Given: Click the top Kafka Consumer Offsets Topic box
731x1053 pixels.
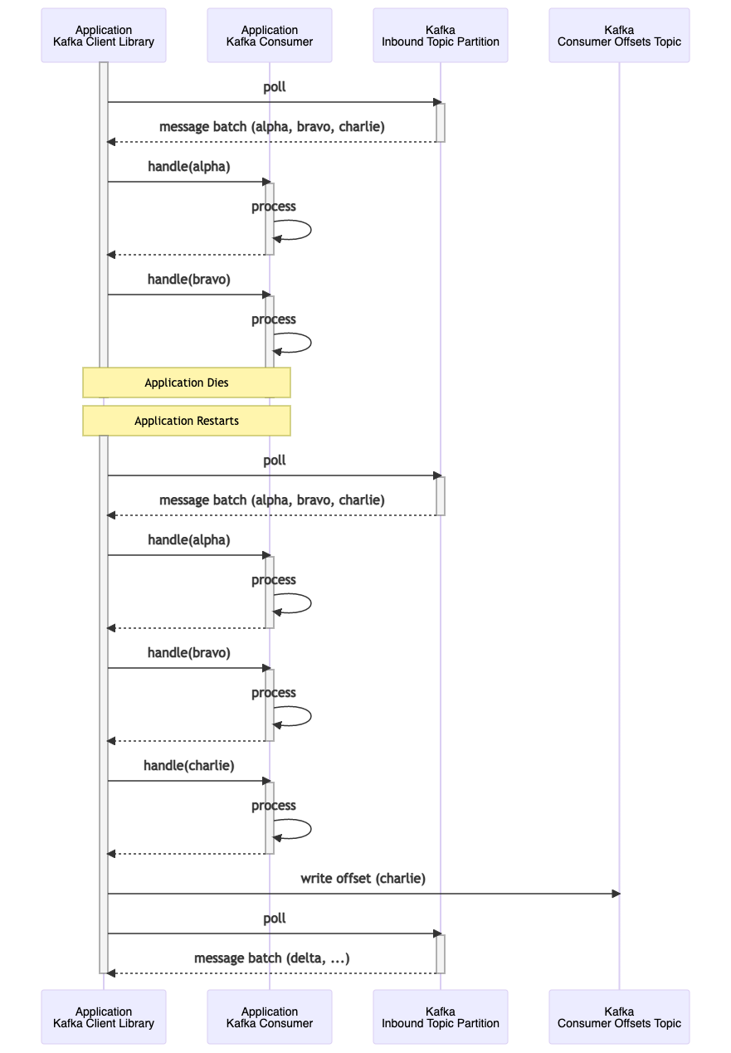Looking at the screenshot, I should pos(619,36).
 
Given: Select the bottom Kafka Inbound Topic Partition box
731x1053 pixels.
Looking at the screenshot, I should pos(440,1016).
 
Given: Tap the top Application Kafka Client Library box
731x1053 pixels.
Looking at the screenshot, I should pos(104,36).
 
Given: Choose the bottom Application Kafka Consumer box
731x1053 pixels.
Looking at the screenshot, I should pos(270,1016).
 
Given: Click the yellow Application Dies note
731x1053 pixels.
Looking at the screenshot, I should pos(187,383).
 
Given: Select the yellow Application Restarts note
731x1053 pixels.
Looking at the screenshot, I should pos(187,421).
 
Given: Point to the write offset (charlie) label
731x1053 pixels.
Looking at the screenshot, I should pos(363,878).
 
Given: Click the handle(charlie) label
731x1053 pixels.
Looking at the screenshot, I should pos(189,765).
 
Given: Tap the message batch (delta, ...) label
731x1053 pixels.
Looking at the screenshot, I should pos(272,958).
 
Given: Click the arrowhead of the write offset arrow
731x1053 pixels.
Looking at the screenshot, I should pos(616,894).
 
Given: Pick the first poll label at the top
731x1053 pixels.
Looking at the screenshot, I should pos(275,86).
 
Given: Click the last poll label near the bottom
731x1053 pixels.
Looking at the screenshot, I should pos(275,918).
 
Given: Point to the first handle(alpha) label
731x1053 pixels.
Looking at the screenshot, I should pos(189,166).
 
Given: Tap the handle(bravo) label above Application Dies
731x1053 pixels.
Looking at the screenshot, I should pos(189,279).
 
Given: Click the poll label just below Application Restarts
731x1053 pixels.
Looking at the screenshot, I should pos(275,460).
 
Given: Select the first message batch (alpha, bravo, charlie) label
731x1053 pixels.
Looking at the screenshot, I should pos(272,126).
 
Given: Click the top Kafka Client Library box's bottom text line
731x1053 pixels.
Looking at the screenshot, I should pos(104,41).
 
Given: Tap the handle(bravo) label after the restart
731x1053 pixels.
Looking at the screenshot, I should pos(189,652).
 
